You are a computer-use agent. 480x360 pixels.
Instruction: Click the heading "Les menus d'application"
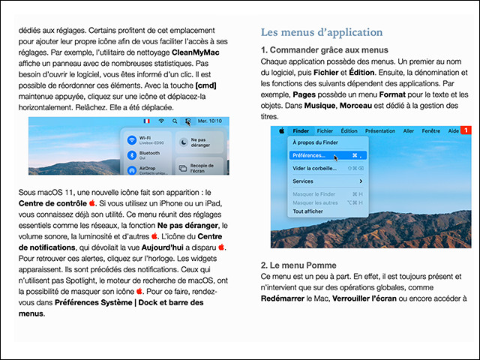pos(322,32)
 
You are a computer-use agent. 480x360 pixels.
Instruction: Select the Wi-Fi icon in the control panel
pos(132,140)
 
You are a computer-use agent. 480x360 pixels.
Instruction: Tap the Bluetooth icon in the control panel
pos(132,155)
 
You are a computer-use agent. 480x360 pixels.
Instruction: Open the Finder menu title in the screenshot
pos(301,130)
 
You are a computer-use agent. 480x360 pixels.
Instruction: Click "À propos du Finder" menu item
pos(316,142)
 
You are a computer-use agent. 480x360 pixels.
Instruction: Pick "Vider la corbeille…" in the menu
pos(314,169)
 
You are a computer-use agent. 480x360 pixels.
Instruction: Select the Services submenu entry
pos(304,181)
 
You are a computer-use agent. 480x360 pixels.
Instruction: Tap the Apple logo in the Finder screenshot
pos(281,130)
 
